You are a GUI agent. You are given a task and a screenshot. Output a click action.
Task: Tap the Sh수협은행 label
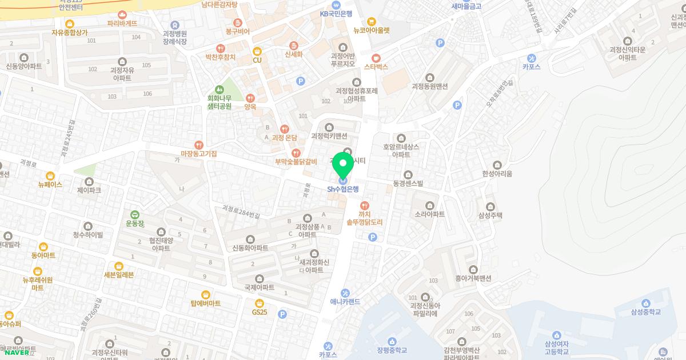click(343, 189)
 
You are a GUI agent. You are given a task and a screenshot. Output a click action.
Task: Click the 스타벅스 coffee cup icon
click(376, 58)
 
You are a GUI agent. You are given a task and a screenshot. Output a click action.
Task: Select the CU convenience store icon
click(257, 51)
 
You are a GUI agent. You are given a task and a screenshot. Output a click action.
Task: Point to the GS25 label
click(260, 312)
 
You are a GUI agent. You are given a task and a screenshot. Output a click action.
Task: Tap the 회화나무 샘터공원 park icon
click(219, 90)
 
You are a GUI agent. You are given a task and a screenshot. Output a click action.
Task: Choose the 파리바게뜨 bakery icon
click(122, 15)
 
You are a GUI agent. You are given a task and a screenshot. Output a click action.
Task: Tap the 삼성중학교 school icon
click(646, 303)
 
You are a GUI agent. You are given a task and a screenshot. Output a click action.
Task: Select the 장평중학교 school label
click(392, 351)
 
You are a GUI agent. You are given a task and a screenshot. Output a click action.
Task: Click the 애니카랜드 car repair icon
click(345, 293)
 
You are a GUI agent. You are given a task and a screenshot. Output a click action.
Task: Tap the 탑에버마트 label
click(206, 303)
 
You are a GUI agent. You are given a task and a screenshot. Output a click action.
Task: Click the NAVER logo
click(17, 353)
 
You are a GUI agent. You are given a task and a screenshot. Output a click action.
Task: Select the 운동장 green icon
click(135, 214)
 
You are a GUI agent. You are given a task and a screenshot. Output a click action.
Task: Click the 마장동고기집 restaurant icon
click(199, 145)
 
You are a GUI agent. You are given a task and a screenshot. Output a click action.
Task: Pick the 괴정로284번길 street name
click(241, 211)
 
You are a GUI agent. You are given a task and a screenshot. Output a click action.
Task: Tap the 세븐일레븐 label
click(119, 274)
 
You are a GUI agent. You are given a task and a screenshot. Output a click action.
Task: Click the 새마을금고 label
click(466, 6)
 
